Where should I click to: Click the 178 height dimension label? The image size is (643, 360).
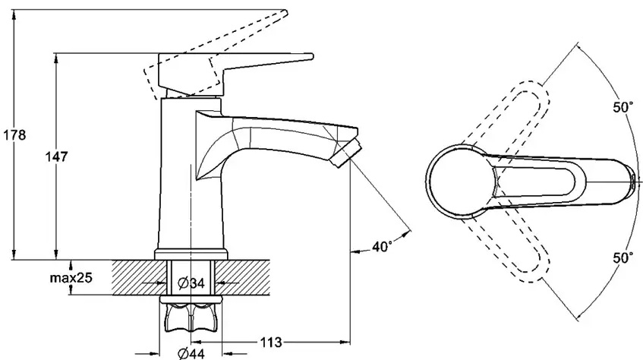14,135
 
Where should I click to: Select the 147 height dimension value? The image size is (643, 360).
57,156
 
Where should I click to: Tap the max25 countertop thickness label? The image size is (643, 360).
71,278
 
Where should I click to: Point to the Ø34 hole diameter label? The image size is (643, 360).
191,283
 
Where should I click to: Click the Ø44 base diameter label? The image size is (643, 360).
191,353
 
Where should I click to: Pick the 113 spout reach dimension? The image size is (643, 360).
271,342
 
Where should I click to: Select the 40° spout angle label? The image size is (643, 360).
382,247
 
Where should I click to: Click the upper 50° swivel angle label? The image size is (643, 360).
623,108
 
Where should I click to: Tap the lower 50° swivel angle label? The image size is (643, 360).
623,258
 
